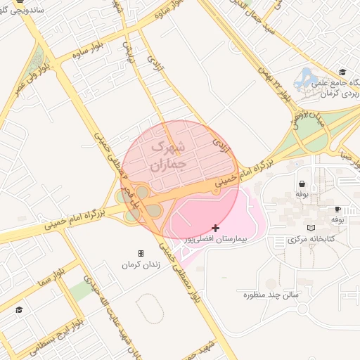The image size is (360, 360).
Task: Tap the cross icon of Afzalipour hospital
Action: pyautogui.click(x=215, y=228)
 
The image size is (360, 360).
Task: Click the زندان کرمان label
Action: pyautogui.click(x=141, y=265)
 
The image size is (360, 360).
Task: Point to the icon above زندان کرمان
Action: pyautogui.click(x=141, y=253)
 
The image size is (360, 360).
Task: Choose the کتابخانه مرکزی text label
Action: pyautogui.click(x=311, y=240)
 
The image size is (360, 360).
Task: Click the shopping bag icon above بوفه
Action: pyautogui.click(x=302, y=182)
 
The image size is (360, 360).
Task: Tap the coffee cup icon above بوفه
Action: pyautogui.click(x=338, y=209)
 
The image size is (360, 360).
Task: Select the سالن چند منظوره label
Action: pyautogui.click(x=271, y=294)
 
